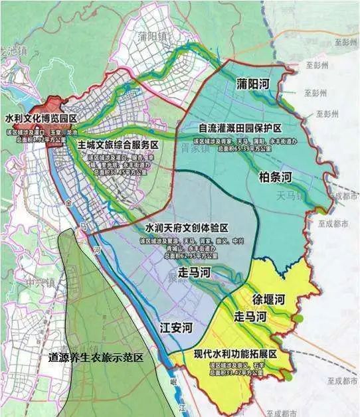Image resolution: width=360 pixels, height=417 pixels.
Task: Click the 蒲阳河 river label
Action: pyautogui.click(x=255, y=85)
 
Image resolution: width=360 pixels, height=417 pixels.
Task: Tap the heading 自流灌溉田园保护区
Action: pyautogui.click(x=241, y=127)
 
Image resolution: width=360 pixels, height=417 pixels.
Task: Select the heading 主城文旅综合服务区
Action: pyautogui.click(x=117, y=145)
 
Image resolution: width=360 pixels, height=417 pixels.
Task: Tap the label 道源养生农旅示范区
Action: pyautogui.click(x=96, y=357)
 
